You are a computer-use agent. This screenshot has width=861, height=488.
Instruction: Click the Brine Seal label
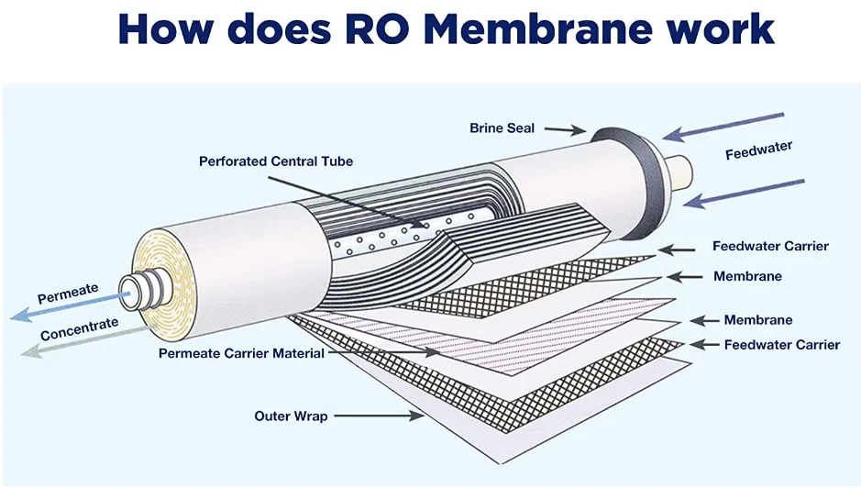click(502, 128)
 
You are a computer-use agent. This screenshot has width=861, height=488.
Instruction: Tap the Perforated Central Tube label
click(275, 161)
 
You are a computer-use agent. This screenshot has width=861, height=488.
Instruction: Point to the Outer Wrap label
click(291, 416)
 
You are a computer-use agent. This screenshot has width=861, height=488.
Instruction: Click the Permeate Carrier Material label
click(241, 352)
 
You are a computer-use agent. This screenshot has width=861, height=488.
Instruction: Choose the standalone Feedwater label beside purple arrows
click(758, 150)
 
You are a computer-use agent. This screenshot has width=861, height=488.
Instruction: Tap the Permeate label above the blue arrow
click(67, 294)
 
